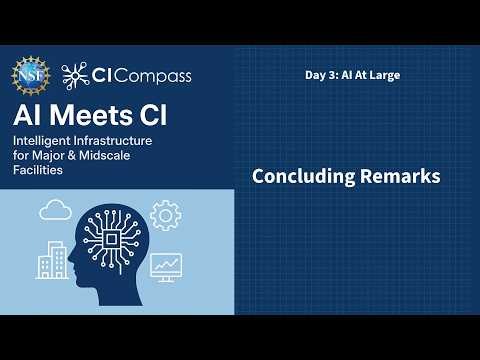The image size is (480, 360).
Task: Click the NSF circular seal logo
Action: point(31,74)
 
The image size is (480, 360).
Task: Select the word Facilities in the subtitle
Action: point(39,171)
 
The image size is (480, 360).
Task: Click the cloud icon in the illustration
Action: point(54,211)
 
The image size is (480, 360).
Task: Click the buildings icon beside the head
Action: point(51,262)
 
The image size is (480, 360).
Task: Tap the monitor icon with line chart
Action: point(165,266)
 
